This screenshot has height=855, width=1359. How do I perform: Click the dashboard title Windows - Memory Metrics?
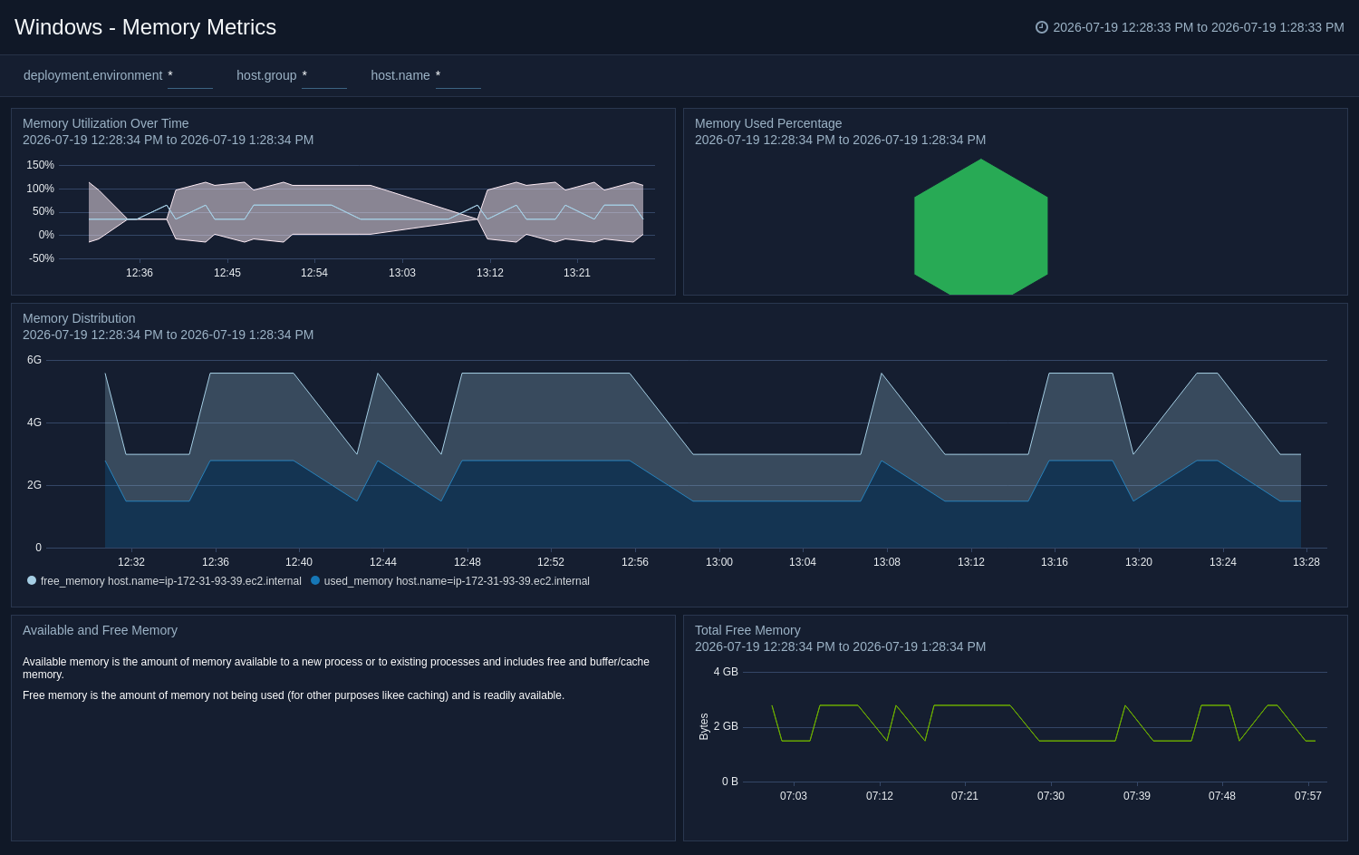coord(145,27)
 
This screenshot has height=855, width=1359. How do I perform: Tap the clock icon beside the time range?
coord(1041,27)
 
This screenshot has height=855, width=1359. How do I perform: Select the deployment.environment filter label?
coord(92,76)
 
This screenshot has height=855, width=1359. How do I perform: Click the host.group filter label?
coord(266,76)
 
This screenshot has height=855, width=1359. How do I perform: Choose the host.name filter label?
coord(400,76)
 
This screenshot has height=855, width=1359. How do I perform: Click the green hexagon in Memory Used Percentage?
coord(980,227)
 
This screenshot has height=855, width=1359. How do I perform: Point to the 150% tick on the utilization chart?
coord(40,165)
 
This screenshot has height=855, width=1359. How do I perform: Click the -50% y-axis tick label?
coord(42,258)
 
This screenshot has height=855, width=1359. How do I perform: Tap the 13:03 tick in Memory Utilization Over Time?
coord(401,273)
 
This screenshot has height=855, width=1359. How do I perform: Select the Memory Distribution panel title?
coord(79,319)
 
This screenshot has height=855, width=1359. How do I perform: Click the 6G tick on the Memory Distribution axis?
coord(34,360)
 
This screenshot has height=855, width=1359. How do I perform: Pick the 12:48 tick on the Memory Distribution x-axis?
coord(467,562)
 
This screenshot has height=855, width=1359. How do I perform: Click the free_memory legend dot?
coord(32,580)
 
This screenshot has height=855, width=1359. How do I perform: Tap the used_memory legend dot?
coord(315,580)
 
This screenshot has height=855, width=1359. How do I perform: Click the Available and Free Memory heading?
coord(100,630)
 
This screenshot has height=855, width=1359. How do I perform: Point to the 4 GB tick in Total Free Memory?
coord(726,672)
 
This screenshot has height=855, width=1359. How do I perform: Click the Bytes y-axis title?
coord(704,727)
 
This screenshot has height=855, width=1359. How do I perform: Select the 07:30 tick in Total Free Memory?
coord(1050,796)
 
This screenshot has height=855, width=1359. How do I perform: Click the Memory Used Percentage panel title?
coord(768,124)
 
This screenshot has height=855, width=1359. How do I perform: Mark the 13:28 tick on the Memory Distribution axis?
coord(1306,562)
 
